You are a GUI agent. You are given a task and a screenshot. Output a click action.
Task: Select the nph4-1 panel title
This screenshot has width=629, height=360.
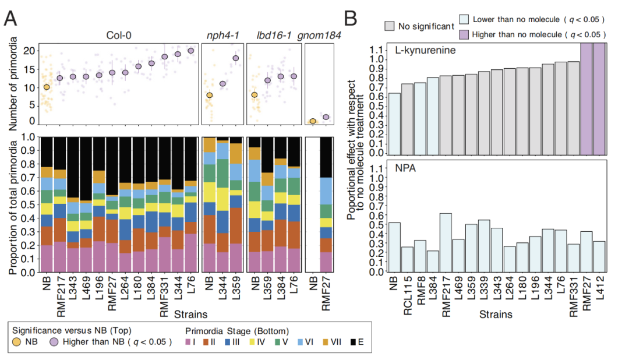pyautogui.click(x=220, y=36)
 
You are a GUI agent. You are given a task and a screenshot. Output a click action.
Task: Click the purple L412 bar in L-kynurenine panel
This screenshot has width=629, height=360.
pyautogui.click(x=600, y=99)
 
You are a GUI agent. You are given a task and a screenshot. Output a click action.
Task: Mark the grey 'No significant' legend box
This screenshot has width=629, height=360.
pyautogui.click(x=390, y=26)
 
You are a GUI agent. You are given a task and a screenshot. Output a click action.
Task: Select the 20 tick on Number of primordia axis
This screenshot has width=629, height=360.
pyautogui.click(x=28, y=50)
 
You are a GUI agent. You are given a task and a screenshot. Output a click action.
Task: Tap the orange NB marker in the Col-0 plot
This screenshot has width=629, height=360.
pyautogui.click(x=47, y=87)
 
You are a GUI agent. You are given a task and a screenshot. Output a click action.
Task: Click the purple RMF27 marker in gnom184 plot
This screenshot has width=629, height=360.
pyautogui.click(x=326, y=117)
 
